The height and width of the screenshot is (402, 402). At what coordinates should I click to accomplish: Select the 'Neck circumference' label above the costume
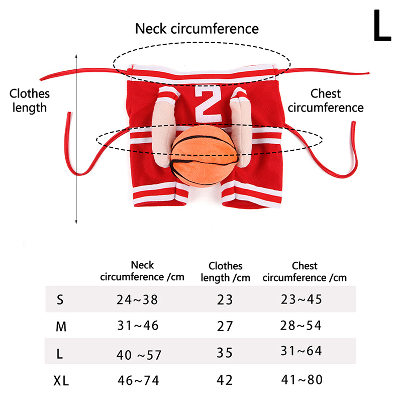tap(197, 29)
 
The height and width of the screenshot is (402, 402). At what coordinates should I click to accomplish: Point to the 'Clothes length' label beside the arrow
tap(30, 100)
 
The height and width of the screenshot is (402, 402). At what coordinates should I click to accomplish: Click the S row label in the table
tap(60, 300)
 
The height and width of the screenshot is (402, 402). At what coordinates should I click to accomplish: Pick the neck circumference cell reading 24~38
tap(137, 300)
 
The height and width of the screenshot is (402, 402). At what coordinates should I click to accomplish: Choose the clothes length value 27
tap(225, 326)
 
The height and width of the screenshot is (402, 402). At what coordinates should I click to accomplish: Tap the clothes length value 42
tap(225, 380)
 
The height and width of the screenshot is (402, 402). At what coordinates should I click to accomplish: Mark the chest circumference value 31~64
tap(301, 351)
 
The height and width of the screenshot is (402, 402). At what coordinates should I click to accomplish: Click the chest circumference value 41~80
tap(301, 380)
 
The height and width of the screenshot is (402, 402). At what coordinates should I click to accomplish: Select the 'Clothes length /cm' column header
tap(225, 271)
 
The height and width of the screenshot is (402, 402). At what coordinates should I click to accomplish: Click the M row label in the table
tap(61, 327)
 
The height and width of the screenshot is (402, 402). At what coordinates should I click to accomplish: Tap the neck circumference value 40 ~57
tap(138, 355)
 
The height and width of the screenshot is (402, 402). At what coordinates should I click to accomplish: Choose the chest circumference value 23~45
tap(301, 300)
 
